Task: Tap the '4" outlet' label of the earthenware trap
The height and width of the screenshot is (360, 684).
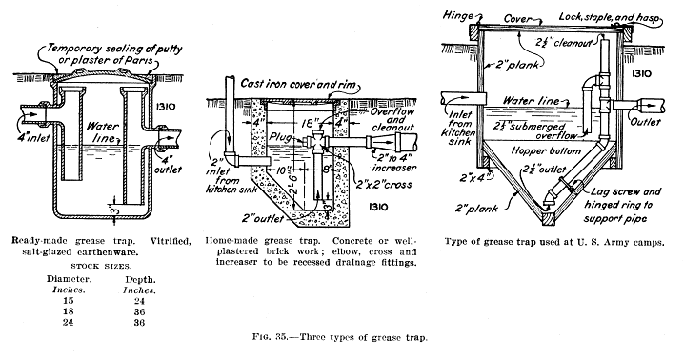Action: (x=168, y=163)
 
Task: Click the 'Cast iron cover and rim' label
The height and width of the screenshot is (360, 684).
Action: (x=299, y=84)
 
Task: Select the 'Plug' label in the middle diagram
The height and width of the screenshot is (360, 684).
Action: (x=281, y=136)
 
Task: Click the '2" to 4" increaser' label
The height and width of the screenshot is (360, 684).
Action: (x=393, y=162)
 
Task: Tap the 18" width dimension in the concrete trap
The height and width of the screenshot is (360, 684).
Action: (x=308, y=124)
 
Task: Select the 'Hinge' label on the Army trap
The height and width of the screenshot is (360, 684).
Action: (x=458, y=15)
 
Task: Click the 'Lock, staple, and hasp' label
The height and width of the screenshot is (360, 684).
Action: (x=609, y=17)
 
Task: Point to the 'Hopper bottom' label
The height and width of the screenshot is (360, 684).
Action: (x=546, y=150)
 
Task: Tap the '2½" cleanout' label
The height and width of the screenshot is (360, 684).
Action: (x=564, y=42)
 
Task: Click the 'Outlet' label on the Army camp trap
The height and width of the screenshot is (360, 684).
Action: (x=646, y=122)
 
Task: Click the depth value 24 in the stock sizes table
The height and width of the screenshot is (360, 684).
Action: (x=140, y=301)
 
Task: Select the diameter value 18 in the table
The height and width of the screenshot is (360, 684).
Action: (x=68, y=311)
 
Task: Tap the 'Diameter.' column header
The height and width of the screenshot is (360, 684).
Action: (x=68, y=279)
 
